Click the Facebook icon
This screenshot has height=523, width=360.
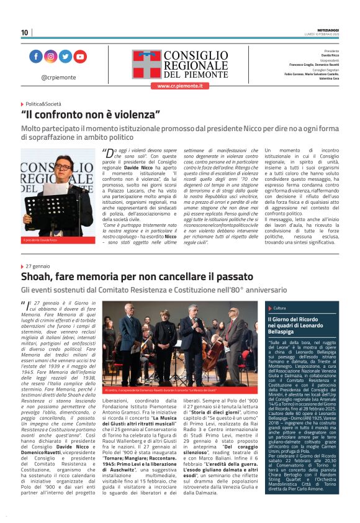point(36,57)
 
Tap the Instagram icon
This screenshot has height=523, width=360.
point(51,57)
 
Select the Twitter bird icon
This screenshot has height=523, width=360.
point(65,57)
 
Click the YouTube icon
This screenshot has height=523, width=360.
point(80,57)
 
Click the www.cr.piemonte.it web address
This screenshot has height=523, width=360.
point(179,86)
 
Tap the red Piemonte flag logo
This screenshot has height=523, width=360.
point(146,64)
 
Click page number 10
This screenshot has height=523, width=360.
point(24,32)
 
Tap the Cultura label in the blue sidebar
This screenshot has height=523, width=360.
point(280,307)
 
